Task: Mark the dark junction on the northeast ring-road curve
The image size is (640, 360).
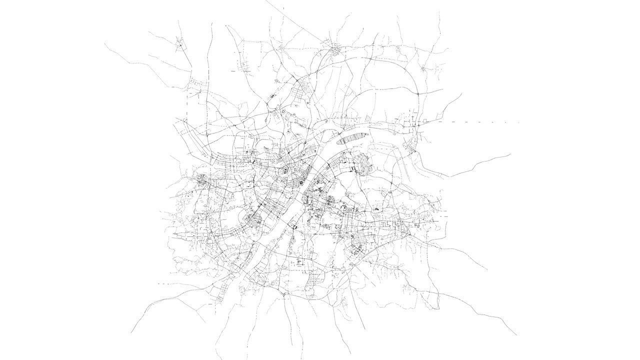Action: click(x=417, y=93)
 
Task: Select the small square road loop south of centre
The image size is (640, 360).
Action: click(x=299, y=261)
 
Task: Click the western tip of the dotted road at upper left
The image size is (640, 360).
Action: click(x=105, y=44)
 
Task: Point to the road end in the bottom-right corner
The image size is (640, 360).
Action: click(x=516, y=334)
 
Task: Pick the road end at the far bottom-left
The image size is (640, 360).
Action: click(x=131, y=333)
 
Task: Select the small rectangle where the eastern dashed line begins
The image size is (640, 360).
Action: click(x=425, y=121)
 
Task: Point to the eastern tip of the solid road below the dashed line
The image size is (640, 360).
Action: click(x=510, y=154)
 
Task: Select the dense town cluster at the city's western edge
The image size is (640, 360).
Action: click(x=203, y=180)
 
